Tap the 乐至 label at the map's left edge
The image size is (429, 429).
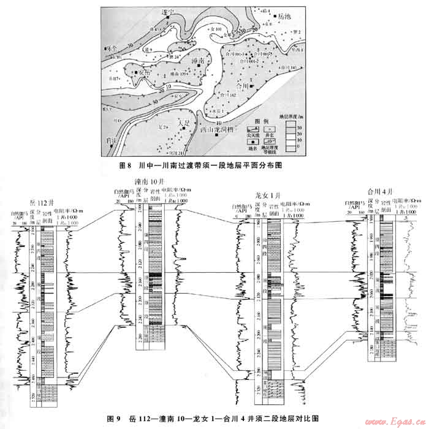(x=111, y=47)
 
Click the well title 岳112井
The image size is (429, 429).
(x=40, y=203)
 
